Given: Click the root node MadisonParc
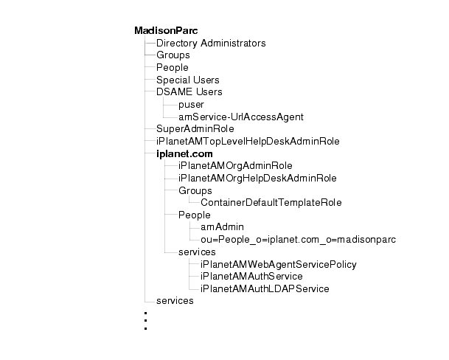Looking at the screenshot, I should [161, 31].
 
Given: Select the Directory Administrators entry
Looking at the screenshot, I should [211, 44].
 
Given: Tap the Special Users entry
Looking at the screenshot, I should [187, 80].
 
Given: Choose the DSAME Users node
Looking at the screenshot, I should [189, 92].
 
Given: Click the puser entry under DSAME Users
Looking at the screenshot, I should [191, 105].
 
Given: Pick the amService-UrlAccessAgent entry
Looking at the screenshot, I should [240, 117].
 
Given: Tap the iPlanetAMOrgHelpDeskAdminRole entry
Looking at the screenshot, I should [257, 178].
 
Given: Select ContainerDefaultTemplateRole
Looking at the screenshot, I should [271, 202].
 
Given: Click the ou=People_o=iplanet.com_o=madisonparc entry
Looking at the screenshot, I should [288, 239].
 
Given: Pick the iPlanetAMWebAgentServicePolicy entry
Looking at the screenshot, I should [279, 263].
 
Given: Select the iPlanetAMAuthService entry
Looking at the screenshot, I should [251, 276].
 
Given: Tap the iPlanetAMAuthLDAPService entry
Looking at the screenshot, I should [265, 288].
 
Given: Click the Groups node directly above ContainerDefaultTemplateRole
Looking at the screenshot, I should [195, 190].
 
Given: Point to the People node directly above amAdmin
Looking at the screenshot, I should [195, 215].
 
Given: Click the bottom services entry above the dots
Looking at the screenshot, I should [175, 300].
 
